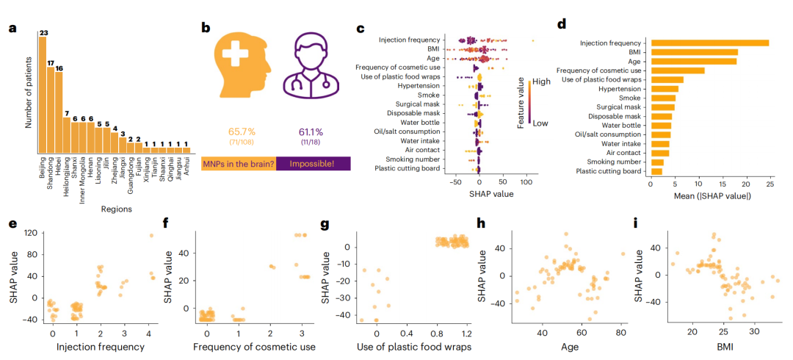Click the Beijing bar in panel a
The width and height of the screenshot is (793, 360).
coord(43,96)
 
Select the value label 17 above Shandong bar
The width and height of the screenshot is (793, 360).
coord(51,63)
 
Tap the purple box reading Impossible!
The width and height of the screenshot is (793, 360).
coord(315,164)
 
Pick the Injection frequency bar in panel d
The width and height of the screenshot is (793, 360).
coord(709,43)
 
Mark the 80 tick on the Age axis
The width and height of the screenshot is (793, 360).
coord(621,333)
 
